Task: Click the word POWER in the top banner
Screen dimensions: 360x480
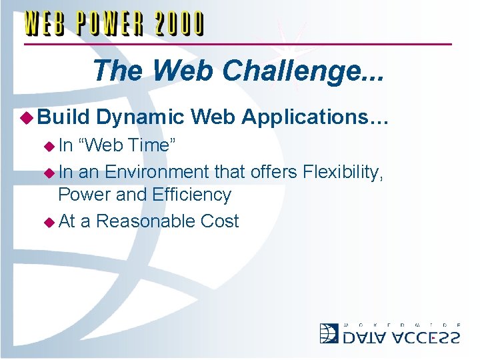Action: pos(109,25)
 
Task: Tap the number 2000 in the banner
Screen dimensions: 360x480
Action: pos(179,25)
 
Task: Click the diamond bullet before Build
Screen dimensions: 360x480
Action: pos(29,117)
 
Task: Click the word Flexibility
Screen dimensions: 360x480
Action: pos(343,172)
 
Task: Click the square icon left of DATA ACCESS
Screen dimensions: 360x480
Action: pos(329,333)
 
